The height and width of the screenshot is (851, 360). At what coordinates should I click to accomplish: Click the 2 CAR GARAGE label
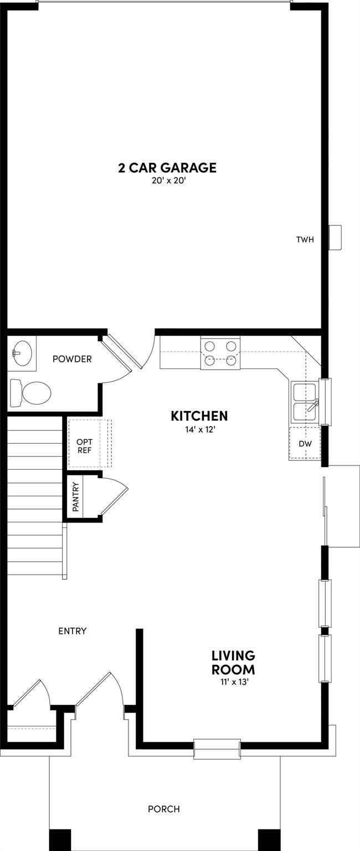pyautogui.click(x=167, y=167)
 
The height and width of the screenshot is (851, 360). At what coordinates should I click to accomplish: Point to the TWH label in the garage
pyautogui.click(x=305, y=240)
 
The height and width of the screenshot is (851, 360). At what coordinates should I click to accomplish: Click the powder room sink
pyautogui.click(x=22, y=352)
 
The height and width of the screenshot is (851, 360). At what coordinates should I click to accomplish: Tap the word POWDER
pyautogui.click(x=72, y=359)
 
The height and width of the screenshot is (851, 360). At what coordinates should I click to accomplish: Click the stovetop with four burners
pyautogui.click(x=220, y=353)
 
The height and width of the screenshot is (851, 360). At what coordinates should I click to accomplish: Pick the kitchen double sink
pyautogui.click(x=304, y=402)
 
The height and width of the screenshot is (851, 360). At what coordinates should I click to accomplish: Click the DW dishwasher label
pyautogui.click(x=304, y=444)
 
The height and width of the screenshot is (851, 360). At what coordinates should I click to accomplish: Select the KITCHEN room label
pyautogui.click(x=199, y=416)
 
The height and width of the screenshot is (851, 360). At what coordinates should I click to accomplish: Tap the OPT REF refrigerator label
pyautogui.click(x=84, y=445)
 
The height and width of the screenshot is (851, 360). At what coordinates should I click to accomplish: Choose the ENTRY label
pyautogui.click(x=73, y=630)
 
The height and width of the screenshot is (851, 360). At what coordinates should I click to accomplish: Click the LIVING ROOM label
pyautogui.click(x=233, y=663)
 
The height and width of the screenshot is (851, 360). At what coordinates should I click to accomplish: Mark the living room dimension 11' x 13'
pyautogui.click(x=233, y=682)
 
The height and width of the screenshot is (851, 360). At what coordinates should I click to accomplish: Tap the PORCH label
pyautogui.click(x=163, y=809)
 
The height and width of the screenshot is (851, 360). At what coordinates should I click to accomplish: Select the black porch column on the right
pyautogui.click(x=269, y=839)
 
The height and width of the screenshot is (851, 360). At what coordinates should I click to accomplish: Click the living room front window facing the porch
pyautogui.click(x=217, y=749)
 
